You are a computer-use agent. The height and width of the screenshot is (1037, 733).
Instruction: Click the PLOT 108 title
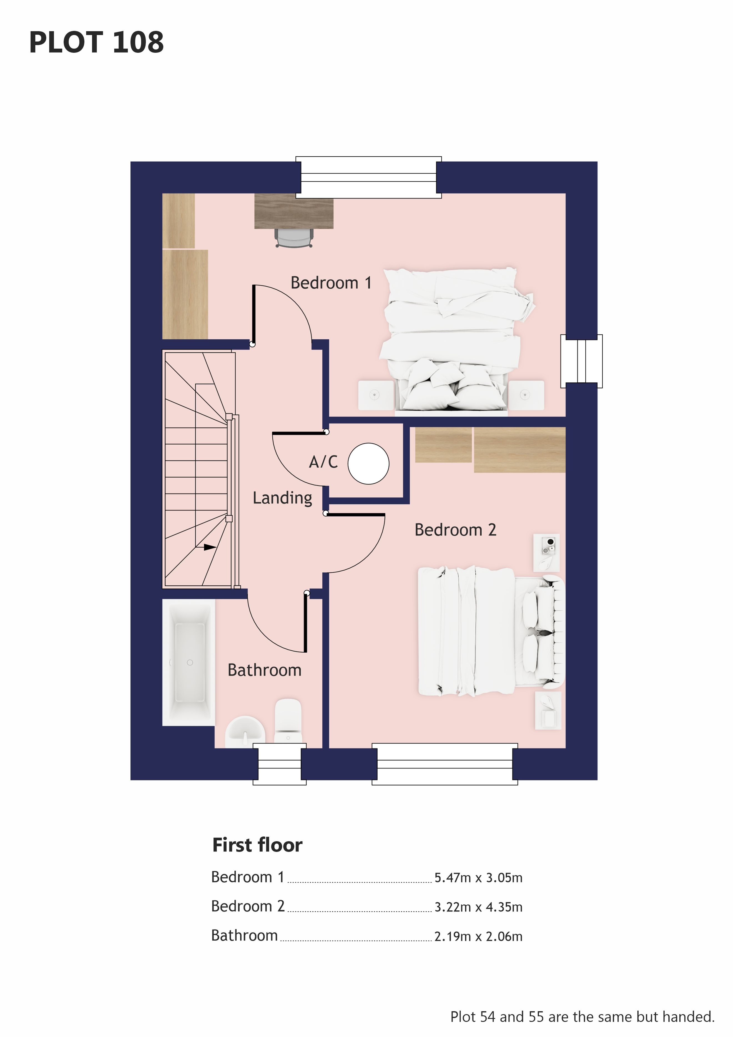point(96,42)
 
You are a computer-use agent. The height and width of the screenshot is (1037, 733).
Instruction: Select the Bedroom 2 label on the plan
point(455,530)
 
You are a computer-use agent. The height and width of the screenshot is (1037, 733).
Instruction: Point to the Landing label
point(282,498)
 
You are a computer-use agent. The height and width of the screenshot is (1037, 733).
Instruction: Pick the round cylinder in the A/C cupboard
point(368,464)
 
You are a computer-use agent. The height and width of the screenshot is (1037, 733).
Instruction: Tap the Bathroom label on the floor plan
point(264,670)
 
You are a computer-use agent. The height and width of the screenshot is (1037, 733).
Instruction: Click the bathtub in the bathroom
point(189,663)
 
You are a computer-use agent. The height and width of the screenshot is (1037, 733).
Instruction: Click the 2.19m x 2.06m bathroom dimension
point(478,937)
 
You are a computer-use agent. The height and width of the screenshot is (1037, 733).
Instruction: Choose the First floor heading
point(257,845)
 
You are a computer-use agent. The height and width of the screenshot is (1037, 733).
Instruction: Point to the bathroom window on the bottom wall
point(280,764)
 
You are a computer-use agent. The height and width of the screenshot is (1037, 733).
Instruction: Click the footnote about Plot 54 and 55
point(583,1017)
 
